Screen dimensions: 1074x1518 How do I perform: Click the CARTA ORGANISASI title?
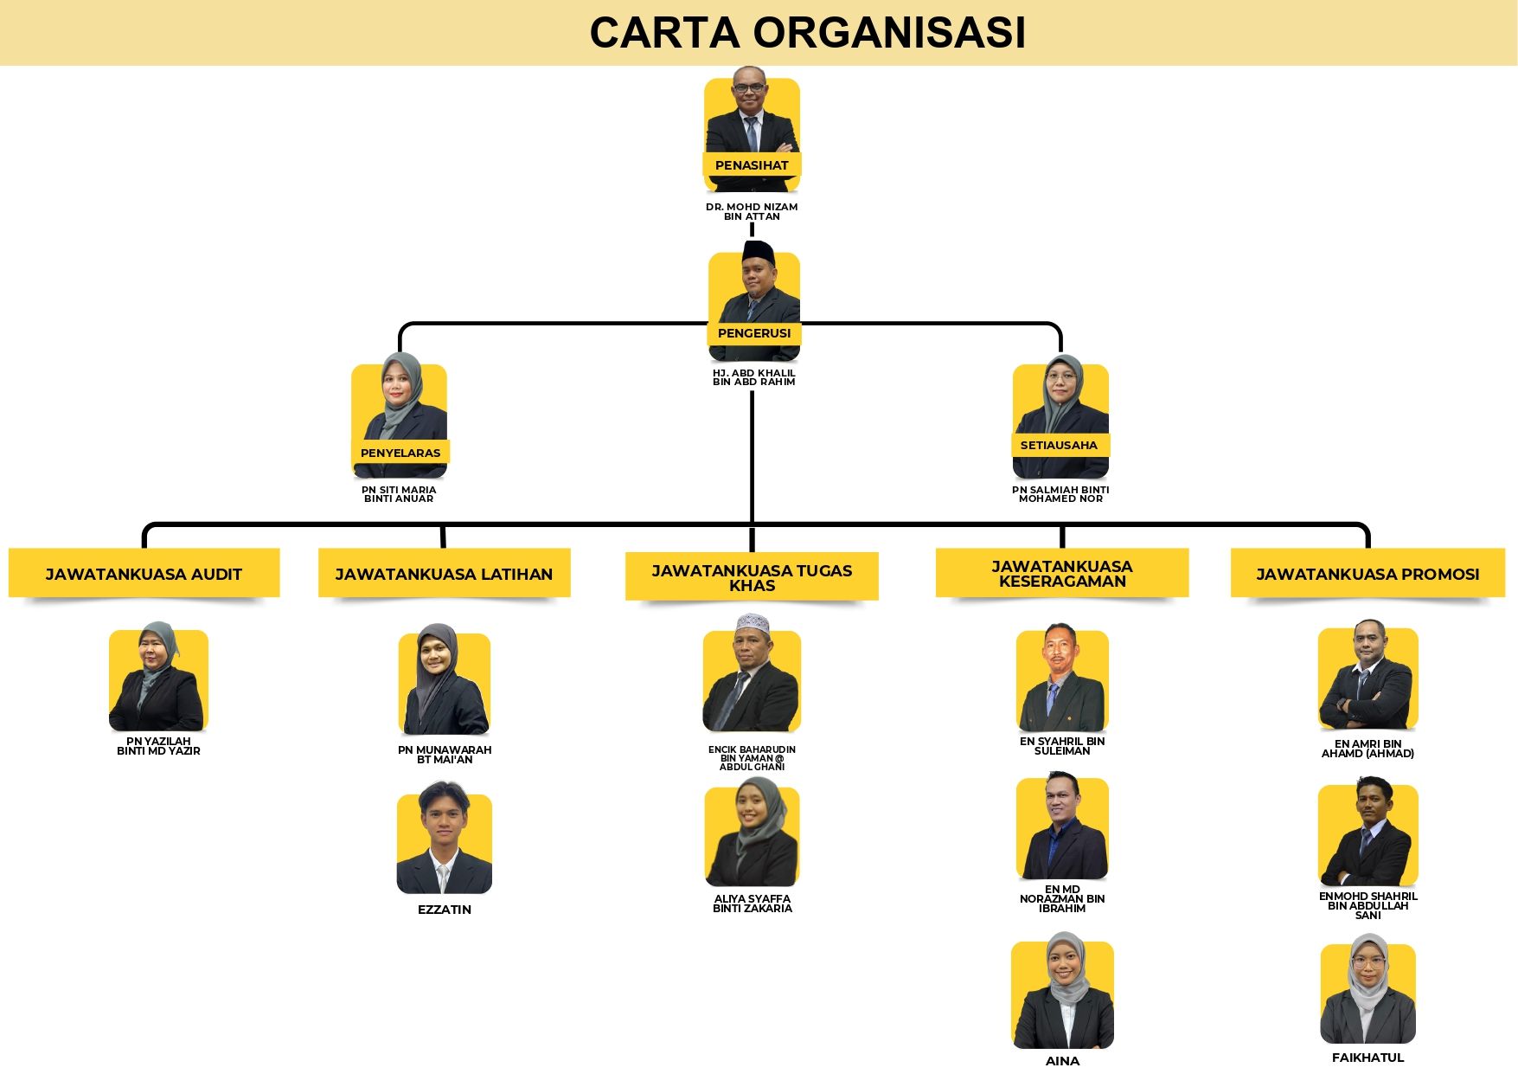tap(807, 33)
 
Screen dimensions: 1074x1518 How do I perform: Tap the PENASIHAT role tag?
tap(752, 164)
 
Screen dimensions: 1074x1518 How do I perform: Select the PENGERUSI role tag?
tap(754, 333)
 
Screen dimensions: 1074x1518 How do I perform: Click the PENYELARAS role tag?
tap(400, 453)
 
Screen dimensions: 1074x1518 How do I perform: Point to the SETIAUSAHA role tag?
tap(1059, 445)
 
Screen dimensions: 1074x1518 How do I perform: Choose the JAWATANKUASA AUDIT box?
tap(144, 574)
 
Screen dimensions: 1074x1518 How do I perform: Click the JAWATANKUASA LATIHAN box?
tap(444, 574)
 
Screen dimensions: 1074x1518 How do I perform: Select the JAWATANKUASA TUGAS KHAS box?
tap(752, 577)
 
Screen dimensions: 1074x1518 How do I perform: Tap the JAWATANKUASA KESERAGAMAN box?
tap(1062, 573)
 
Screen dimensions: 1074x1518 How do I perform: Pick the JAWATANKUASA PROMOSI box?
tap(1367, 574)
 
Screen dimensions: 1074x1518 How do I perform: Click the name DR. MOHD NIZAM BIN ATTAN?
tap(752, 211)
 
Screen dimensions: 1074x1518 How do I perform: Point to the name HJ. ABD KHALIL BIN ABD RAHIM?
tap(753, 377)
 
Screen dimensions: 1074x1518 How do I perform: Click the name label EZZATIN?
tap(445, 910)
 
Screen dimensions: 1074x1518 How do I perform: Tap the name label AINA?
tap(1062, 1061)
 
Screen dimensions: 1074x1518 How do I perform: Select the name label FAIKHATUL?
tap(1367, 1058)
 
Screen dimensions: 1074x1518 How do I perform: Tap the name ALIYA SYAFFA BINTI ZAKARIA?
tap(753, 904)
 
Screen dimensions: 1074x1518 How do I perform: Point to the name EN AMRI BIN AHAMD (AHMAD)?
tap(1367, 749)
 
